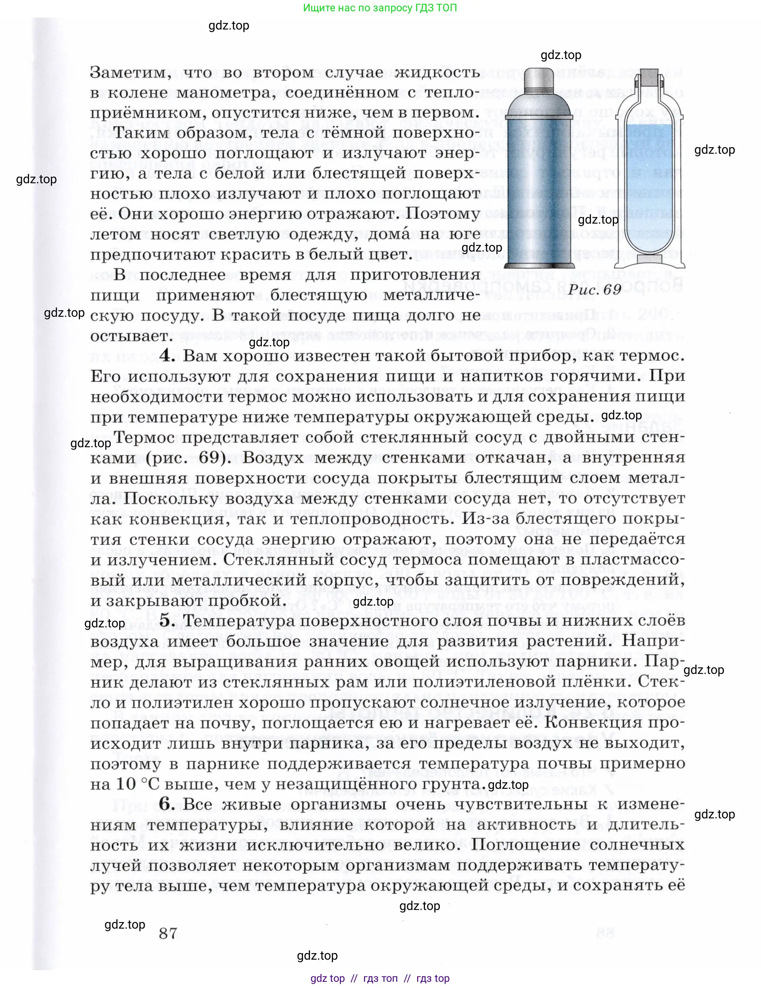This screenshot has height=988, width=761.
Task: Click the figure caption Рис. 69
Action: pos(594,290)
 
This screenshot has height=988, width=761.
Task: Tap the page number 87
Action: pos(168,933)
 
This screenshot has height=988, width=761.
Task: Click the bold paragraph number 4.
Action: pos(167,356)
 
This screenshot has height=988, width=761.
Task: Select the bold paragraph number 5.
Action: pos(167,621)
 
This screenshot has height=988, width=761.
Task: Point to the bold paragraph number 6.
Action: pos(167,804)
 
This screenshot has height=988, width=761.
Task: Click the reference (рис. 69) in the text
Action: pos(186,457)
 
